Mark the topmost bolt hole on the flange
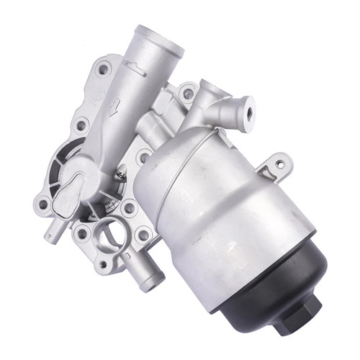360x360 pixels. coord(104,69)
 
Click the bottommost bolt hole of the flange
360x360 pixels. coord(103,264)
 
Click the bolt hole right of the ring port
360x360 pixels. coord(143,235)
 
